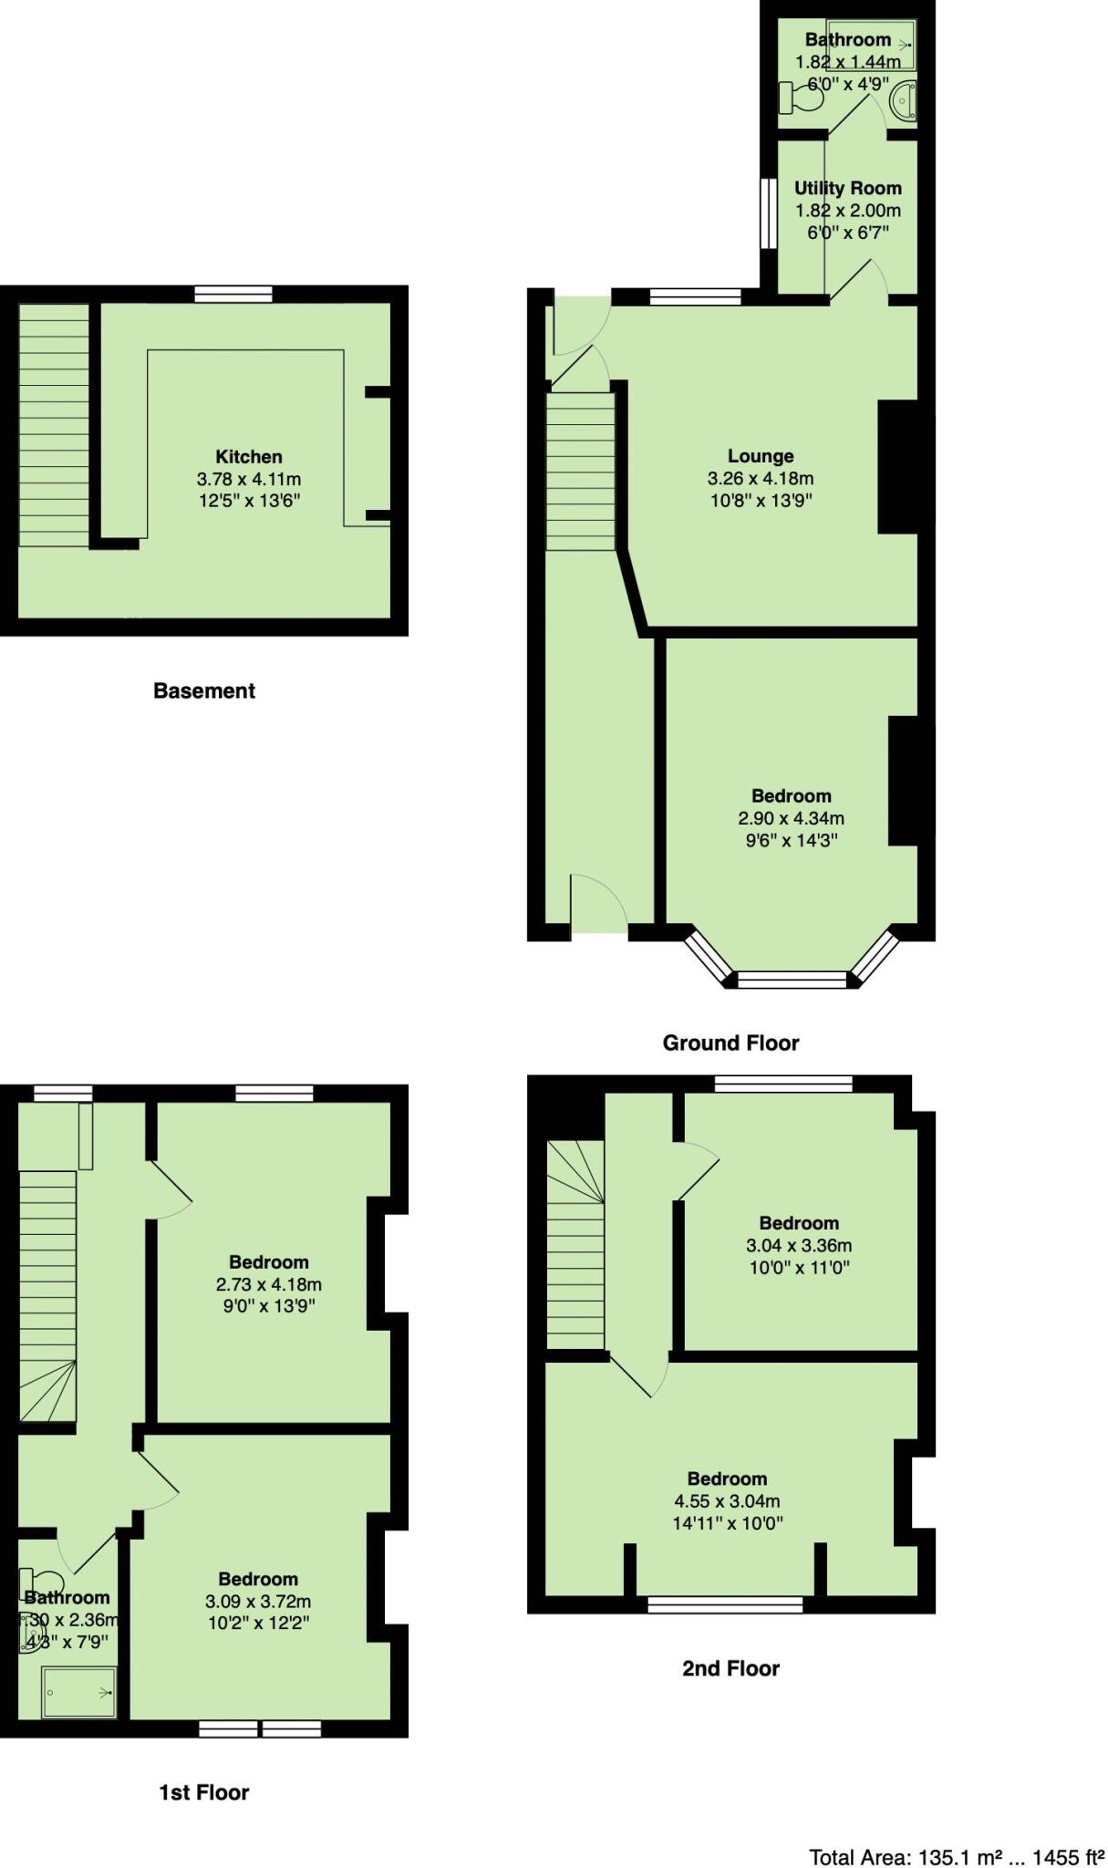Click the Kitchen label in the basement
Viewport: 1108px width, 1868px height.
click(248, 456)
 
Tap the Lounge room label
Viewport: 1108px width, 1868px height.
click(761, 455)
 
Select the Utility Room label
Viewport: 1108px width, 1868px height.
click(847, 188)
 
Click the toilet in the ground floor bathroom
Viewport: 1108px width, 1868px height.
click(800, 98)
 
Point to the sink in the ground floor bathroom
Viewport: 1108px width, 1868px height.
click(903, 100)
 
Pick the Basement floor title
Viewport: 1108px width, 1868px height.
click(204, 690)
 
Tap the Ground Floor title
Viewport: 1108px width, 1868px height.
click(730, 1043)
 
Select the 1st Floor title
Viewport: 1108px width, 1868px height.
click(204, 1792)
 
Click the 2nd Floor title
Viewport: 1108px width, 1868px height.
click(730, 1668)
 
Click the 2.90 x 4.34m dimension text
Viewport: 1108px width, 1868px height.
click(791, 818)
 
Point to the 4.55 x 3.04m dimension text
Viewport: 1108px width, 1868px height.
click(727, 1501)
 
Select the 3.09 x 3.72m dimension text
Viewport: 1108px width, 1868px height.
click(258, 1602)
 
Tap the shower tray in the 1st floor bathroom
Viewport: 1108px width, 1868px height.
click(79, 1692)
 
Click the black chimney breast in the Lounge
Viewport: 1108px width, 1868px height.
click(897, 467)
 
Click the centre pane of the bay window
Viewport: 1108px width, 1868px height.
click(792, 980)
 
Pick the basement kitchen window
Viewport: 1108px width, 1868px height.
click(233, 294)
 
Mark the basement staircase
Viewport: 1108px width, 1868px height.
click(54, 425)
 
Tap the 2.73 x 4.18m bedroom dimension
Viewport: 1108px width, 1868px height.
click(268, 1284)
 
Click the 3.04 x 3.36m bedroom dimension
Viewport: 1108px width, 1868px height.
click(799, 1245)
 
